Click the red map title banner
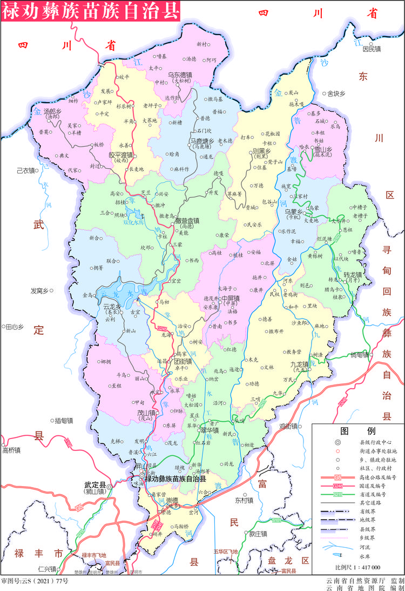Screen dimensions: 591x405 90,10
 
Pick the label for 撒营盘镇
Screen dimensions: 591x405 187,221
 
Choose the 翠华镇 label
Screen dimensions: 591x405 209,430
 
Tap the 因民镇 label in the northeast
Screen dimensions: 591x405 372,49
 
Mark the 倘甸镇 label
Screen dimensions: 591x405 360,355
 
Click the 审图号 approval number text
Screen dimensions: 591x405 35,581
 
